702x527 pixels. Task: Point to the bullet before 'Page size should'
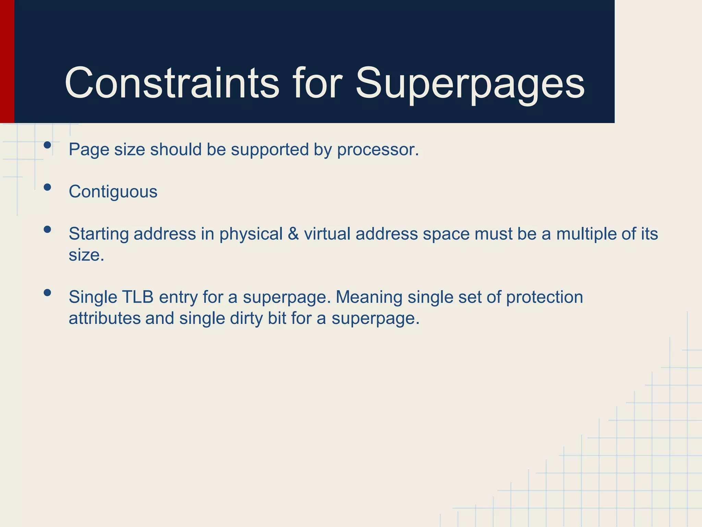pyautogui.click(x=47, y=145)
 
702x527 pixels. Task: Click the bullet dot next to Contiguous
pyautogui.click(x=47, y=187)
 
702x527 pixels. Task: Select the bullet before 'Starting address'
pyautogui.click(x=47, y=229)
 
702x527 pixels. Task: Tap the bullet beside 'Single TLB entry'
pyautogui.click(x=47, y=293)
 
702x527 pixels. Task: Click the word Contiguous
pyautogui.click(x=113, y=191)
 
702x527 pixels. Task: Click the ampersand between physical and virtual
pyautogui.click(x=293, y=234)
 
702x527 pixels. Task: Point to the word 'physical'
pyautogui.click(x=251, y=234)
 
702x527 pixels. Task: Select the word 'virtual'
pyautogui.click(x=327, y=234)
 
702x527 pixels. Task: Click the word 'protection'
pyautogui.click(x=544, y=297)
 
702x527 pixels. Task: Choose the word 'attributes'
pyautogui.click(x=105, y=318)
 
